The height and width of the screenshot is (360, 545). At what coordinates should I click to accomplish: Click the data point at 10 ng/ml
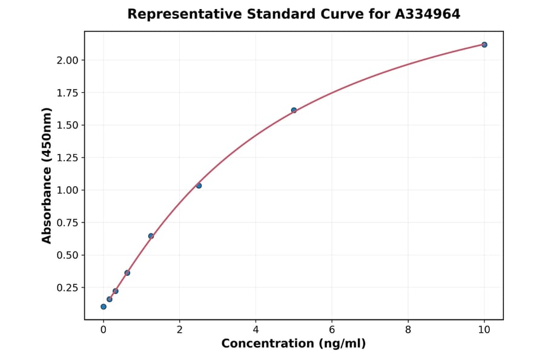[x=484, y=45]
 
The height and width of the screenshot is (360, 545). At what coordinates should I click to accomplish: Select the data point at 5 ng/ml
[x=294, y=110]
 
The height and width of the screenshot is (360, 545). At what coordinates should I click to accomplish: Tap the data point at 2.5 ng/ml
[x=199, y=185]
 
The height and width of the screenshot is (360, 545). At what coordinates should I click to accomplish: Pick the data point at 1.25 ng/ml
[x=151, y=236]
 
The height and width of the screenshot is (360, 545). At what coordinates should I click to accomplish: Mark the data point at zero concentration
[x=104, y=307]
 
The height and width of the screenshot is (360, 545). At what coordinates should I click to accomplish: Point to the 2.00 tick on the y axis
[x=68, y=60]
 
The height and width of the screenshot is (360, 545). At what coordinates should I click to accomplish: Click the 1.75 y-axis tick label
[x=68, y=93]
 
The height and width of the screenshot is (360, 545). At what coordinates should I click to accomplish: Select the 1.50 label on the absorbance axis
[x=68, y=125]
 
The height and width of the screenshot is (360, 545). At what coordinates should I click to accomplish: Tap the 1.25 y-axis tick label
[x=68, y=158]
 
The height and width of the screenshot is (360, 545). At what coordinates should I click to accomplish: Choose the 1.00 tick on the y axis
[x=68, y=190]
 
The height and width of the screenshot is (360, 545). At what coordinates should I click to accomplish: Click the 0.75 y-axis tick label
[x=68, y=222]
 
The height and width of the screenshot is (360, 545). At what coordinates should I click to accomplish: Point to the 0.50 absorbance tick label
[x=68, y=255]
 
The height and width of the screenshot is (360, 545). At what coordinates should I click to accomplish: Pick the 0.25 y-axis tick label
[x=68, y=287]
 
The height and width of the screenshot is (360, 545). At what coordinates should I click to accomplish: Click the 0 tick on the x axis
[x=104, y=329]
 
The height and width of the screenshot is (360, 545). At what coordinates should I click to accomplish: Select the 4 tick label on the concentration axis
[x=256, y=329]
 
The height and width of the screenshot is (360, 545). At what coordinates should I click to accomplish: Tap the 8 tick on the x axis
[x=408, y=329]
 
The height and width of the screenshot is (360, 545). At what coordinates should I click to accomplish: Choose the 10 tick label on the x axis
[x=484, y=329]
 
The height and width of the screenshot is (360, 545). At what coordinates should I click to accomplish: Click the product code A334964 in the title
[x=428, y=14]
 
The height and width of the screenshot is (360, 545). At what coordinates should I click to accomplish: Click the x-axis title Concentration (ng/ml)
[x=294, y=344]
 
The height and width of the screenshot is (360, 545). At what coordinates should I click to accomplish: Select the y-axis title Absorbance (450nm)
[x=47, y=175]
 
